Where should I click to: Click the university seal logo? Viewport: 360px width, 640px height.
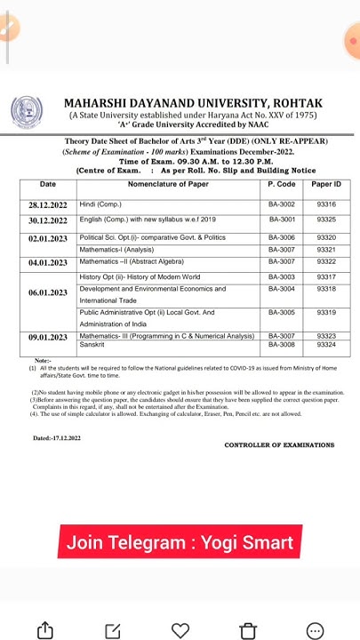(x=27, y=113)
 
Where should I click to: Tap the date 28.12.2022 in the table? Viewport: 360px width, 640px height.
(x=48, y=205)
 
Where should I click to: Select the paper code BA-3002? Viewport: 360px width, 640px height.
(x=281, y=205)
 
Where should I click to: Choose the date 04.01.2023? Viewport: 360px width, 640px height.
(x=48, y=263)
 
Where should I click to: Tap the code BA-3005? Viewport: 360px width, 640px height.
(x=281, y=313)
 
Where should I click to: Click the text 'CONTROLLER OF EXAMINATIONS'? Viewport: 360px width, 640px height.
(x=279, y=444)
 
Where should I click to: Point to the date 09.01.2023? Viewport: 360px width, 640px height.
(x=48, y=338)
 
